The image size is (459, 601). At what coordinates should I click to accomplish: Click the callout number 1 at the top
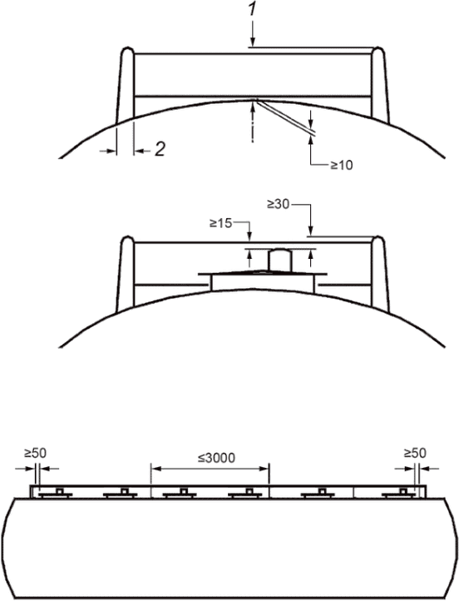252,9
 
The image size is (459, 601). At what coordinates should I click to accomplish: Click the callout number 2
160,149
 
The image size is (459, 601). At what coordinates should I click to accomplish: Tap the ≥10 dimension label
342,165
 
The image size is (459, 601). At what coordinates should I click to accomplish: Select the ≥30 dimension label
279,205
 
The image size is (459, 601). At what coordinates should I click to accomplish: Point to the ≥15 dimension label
221,223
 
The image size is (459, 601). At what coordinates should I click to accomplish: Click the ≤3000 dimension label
216,458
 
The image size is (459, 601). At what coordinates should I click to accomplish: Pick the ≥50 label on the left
35,453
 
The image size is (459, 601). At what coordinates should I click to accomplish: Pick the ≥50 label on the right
415,453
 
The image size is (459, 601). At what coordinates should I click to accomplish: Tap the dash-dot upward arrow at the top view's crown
252,122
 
